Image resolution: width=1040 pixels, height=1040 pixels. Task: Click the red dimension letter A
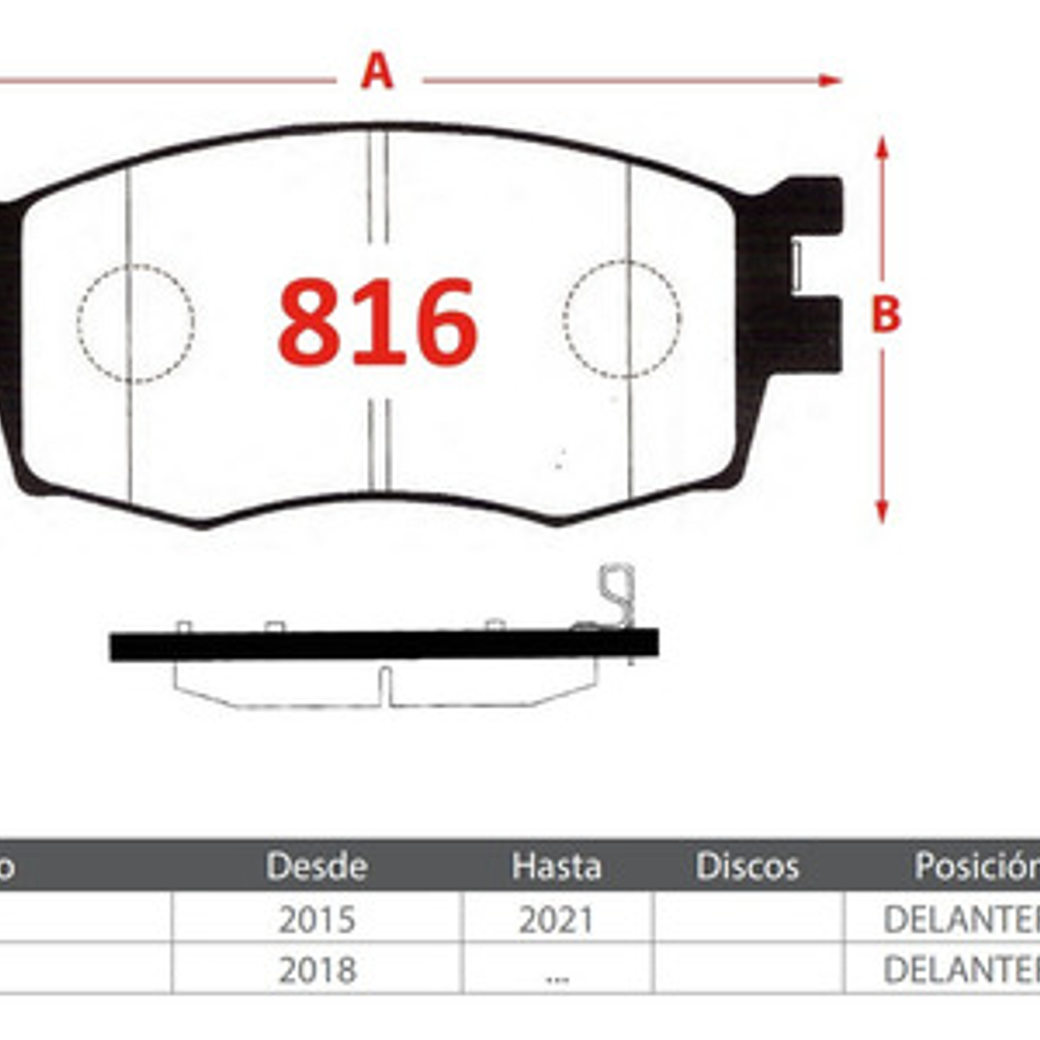click(x=377, y=71)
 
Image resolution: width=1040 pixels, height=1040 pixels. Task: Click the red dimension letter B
click(x=885, y=315)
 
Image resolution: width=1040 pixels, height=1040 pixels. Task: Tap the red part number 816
click(x=378, y=322)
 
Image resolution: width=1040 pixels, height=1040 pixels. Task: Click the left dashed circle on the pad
click(x=136, y=323)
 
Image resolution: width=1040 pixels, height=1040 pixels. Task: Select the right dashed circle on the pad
click(x=622, y=319)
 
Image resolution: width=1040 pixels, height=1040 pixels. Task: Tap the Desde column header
click(x=317, y=866)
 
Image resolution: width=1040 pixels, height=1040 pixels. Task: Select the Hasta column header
click(x=556, y=866)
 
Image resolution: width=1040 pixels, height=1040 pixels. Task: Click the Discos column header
click(x=747, y=866)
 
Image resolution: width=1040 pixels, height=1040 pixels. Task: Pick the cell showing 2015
click(x=317, y=920)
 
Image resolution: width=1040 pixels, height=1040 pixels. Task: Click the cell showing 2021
click(x=556, y=920)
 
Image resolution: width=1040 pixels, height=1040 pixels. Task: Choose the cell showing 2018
click(x=317, y=970)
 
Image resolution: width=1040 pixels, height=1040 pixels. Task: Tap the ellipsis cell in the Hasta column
click(x=556, y=973)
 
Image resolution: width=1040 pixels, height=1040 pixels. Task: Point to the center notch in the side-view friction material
click(x=385, y=686)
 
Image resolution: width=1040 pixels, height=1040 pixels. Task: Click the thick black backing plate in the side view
click(x=383, y=645)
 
